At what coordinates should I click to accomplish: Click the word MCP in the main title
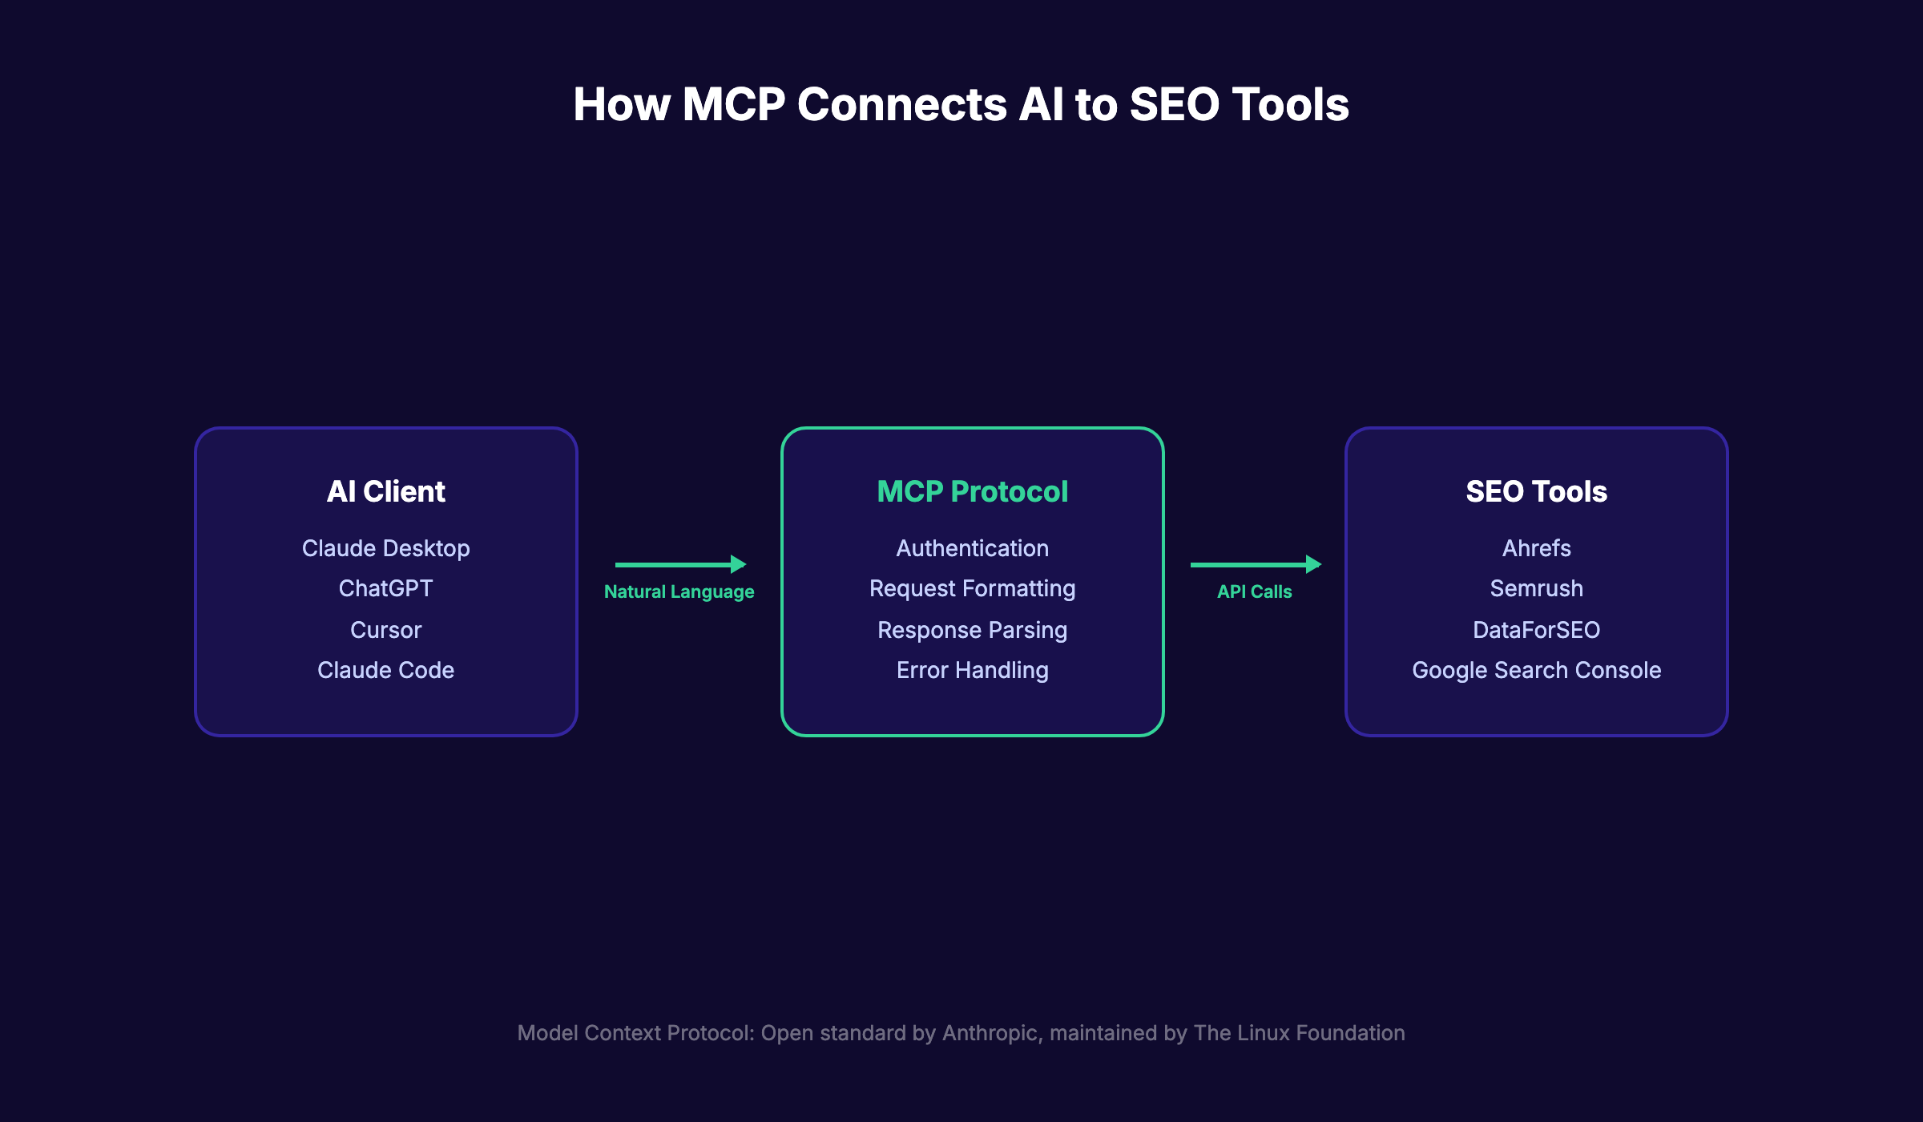click(733, 105)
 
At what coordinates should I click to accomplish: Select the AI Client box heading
click(385, 491)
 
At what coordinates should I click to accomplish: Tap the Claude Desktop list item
click(385, 548)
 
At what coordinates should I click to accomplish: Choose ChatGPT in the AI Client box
click(385, 588)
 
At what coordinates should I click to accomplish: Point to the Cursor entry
click(385, 630)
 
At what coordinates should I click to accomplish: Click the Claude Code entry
click(385, 670)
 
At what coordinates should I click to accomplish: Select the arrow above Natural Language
click(679, 564)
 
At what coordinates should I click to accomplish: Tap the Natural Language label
click(679, 591)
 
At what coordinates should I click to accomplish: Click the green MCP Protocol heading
click(972, 491)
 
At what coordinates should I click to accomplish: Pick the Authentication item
click(972, 548)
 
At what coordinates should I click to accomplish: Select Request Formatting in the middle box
click(972, 588)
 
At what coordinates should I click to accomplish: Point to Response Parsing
click(972, 630)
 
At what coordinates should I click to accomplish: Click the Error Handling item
click(972, 670)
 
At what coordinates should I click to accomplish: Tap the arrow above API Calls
click(1255, 564)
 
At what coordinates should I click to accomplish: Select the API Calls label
click(1254, 591)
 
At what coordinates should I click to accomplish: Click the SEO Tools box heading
click(1536, 491)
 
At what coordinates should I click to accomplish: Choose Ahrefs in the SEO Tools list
click(1536, 548)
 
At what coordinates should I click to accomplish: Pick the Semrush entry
click(1536, 588)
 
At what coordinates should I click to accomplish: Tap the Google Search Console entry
click(1536, 670)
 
